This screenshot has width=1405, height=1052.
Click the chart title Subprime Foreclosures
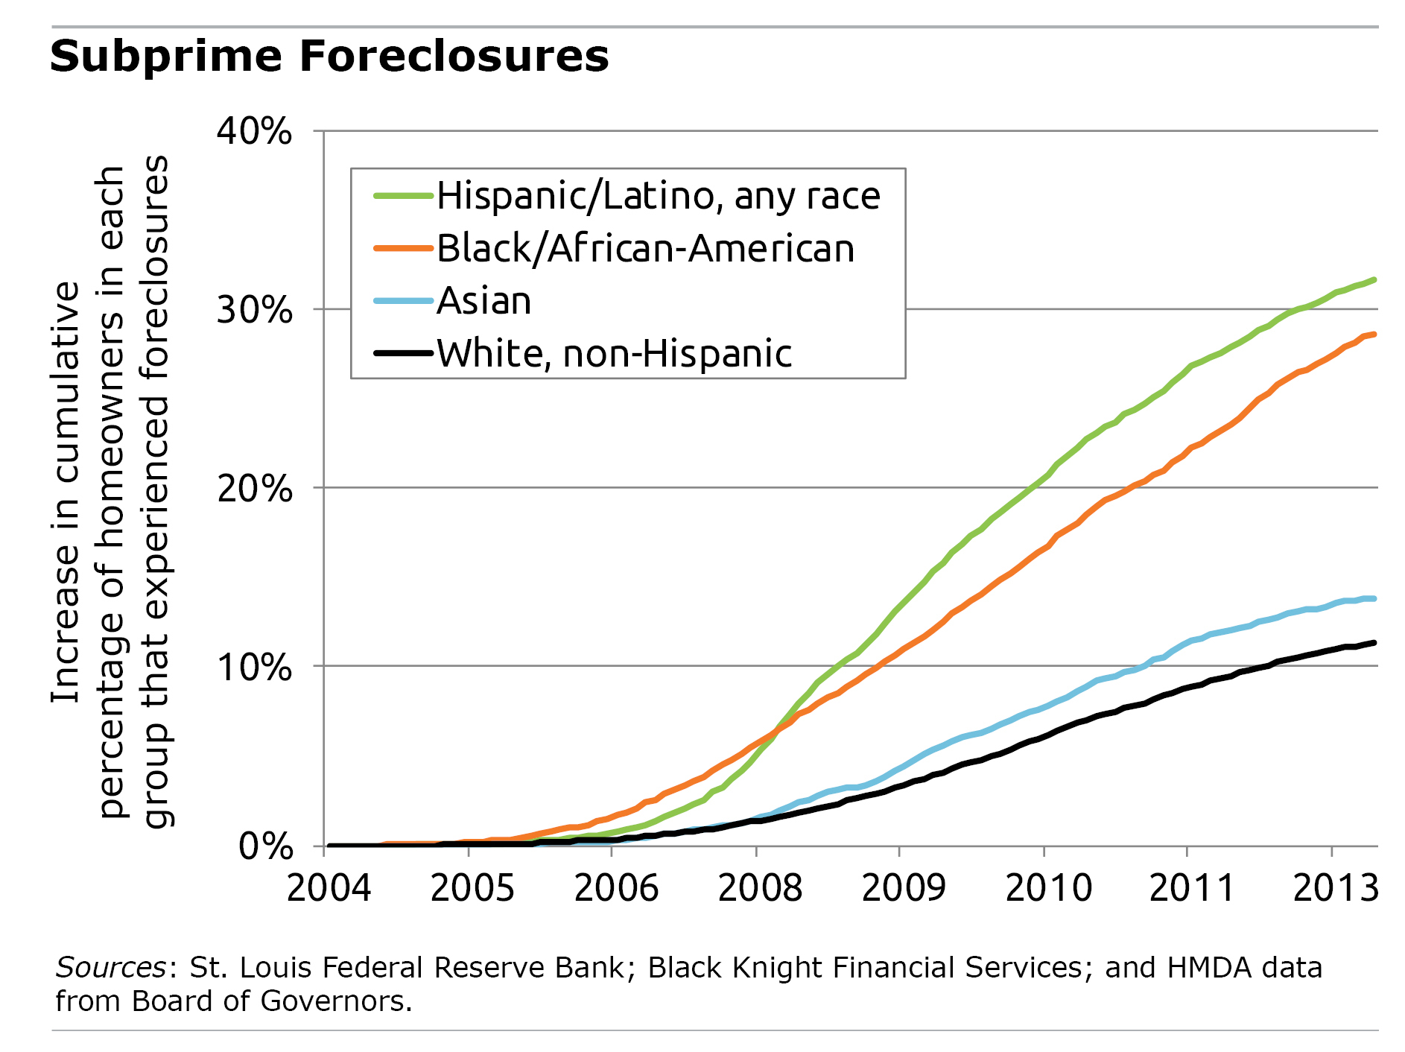(x=329, y=57)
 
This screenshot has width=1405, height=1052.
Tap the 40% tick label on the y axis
(x=254, y=132)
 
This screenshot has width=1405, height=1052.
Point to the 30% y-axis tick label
(x=254, y=309)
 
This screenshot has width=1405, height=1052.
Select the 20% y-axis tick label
(x=254, y=488)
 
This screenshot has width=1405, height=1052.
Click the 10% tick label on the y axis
(x=254, y=666)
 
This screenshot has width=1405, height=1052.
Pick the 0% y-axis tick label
(x=265, y=846)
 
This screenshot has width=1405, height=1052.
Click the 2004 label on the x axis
(x=329, y=888)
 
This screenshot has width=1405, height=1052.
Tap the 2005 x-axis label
(x=472, y=888)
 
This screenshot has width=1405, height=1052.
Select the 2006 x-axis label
(x=616, y=888)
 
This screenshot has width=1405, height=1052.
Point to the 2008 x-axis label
(x=760, y=888)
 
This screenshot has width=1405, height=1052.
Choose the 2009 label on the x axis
(x=904, y=888)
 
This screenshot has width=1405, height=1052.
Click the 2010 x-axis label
(x=1048, y=888)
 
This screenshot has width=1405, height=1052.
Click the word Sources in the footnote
(x=110, y=967)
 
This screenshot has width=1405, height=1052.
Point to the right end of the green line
(x=1373, y=280)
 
